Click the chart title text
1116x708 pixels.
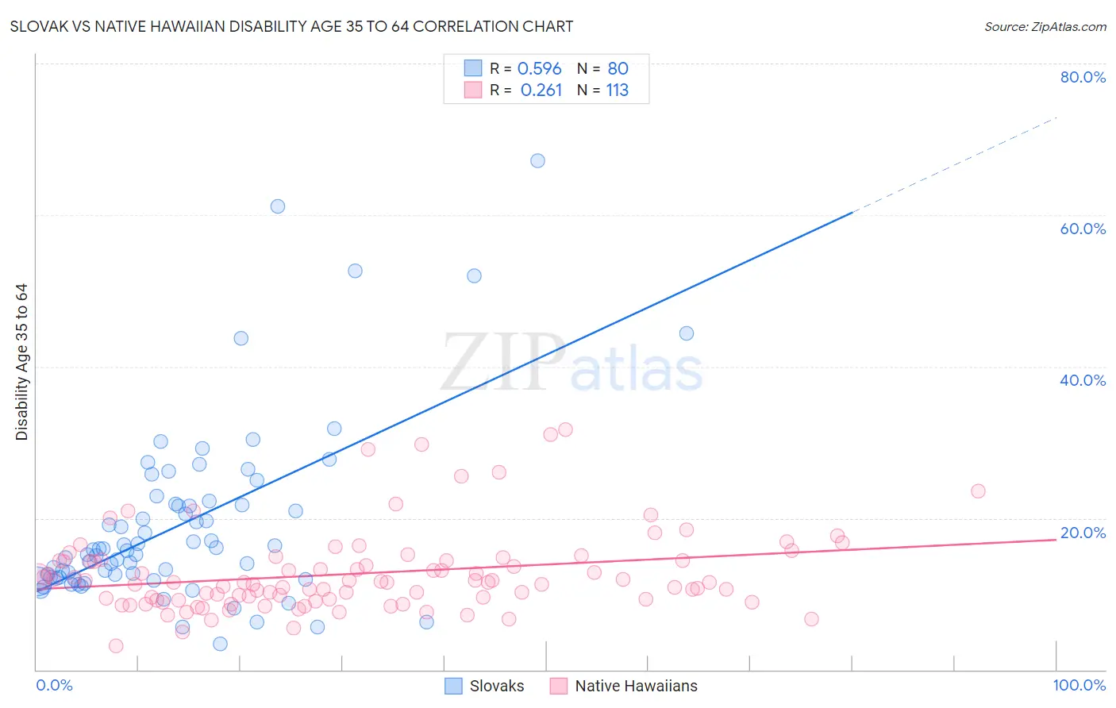point(291,26)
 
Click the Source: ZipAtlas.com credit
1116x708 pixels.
point(1045,26)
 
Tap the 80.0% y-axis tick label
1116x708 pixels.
point(1082,77)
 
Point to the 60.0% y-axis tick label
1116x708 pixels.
point(1082,229)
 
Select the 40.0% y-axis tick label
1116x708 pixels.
point(1082,380)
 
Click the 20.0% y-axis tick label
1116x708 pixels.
point(1082,533)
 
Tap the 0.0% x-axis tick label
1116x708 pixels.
point(54,685)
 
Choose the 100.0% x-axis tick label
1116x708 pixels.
point(1079,685)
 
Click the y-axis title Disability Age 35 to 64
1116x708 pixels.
point(21,362)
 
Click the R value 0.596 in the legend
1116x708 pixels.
point(539,69)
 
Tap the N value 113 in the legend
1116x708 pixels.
point(617,90)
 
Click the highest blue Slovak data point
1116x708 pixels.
point(537,160)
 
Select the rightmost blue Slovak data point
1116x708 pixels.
point(687,333)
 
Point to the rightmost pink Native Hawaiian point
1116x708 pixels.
point(978,491)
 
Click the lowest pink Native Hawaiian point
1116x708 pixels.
point(116,646)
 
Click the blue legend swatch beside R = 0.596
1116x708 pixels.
point(473,68)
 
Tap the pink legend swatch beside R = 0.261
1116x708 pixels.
point(473,90)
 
